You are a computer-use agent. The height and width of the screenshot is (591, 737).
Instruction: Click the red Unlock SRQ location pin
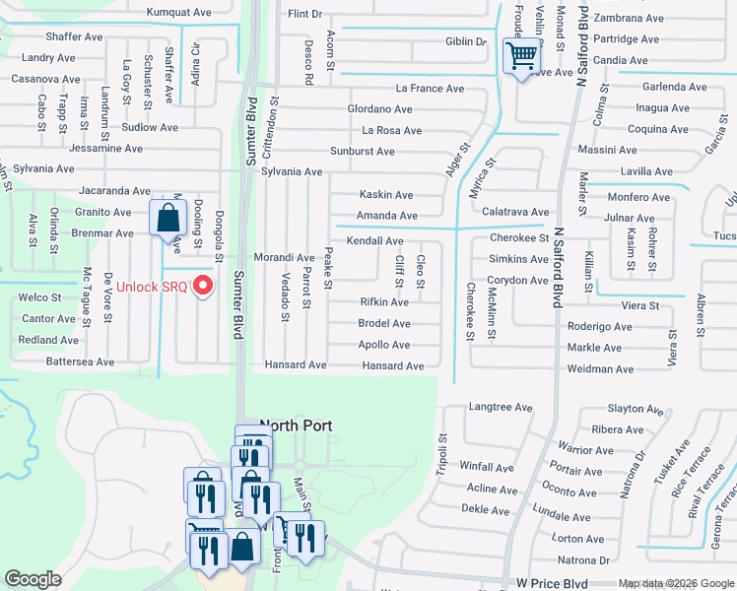pyautogui.click(x=204, y=287)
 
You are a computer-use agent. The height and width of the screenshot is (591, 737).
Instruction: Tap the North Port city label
pyautogui.click(x=296, y=427)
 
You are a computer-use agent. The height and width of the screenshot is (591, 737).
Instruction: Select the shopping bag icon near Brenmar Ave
pyautogui.click(x=167, y=216)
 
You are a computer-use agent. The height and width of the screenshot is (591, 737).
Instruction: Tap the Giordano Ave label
pyautogui.click(x=378, y=109)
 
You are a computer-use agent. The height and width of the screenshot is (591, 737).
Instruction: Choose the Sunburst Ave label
pyautogui.click(x=362, y=152)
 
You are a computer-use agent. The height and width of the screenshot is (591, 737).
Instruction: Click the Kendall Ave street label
pyautogui.click(x=374, y=240)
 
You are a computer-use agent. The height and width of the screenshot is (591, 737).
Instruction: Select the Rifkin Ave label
pyautogui.click(x=384, y=301)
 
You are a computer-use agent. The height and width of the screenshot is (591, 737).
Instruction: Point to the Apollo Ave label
pyautogui.click(x=384, y=345)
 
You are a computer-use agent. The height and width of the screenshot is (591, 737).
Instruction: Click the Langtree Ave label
pyautogui.click(x=501, y=407)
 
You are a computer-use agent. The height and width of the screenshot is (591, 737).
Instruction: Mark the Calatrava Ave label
pyautogui.click(x=515, y=212)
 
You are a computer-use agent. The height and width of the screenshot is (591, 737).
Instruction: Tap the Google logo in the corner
pyautogui.click(x=33, y=579)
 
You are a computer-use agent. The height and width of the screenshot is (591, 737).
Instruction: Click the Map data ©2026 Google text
pyautogui.click(x=675, y=584)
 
